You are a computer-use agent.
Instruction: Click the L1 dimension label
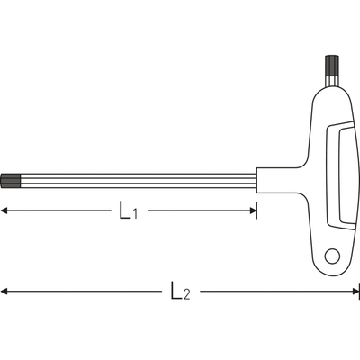point(129,211)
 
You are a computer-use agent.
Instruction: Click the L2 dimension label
point(181,291)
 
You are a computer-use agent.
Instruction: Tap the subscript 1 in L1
point(135,214)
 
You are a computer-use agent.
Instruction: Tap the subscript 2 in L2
point(186,294)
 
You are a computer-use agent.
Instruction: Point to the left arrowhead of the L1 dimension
point(4,211)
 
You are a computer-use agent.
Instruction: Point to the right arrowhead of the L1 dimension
point(253,211)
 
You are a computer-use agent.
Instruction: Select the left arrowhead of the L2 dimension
point(4,291)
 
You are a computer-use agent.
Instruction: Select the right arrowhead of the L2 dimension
point(355,291)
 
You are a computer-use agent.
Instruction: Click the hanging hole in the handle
point(332,256)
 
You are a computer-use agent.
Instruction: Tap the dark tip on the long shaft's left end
point(11,181)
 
